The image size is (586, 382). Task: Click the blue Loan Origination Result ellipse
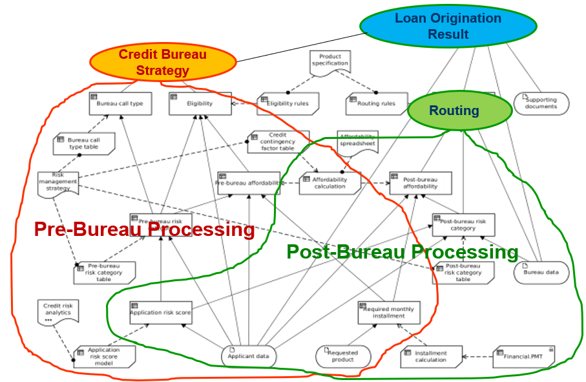pyautogui.click(x=448, y=26)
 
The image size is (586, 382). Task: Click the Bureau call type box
pyautogui.click(x=120, y=103)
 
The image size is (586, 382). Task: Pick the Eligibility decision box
pyautogui.click(x=200, y=103)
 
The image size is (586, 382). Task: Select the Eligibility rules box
pyautogui.click(x=288, y=103)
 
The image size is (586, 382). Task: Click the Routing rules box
pyautogui.click(x=377, y=103)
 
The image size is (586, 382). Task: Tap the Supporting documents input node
pyautogui.click(x=541, y=103)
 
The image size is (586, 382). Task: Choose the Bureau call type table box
pyautogui.click(x=84, y=143)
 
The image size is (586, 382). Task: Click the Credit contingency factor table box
pyautogui.click(x=278, y=142)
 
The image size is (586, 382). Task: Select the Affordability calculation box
pyautogui.click(x=330, y=183)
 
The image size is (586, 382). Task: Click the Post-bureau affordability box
pyautogui.click(x=420, y=183)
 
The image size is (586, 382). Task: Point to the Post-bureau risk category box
pyautogui.click(x=463, y=224)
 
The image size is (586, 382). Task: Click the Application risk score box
pyautogui.click(x=161, y=313)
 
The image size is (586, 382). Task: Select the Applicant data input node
pyautogui.click(x=249, y=356)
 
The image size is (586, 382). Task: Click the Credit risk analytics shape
pyautogui.click(x=58, y=312)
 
